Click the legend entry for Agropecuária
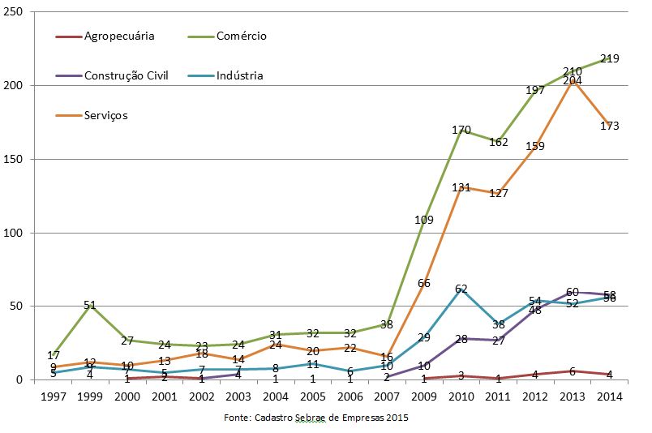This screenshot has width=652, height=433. pos(119,36)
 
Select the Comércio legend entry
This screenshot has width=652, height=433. pos(241,36)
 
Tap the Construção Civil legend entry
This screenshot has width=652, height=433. pos(126,75)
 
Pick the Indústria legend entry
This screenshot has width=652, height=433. pos(240,75)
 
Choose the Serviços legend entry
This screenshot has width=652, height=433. pos(105,115)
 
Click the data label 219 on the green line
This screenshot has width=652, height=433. pos(609,58)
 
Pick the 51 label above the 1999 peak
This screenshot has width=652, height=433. pos(90,305)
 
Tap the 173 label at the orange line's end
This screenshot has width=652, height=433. pos(611,126)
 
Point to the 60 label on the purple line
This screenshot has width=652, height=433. pos(572,292)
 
